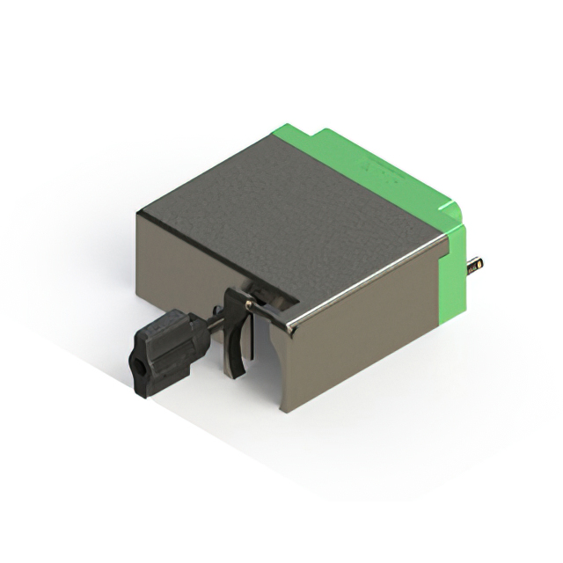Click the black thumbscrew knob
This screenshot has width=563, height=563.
(x=163, y=352)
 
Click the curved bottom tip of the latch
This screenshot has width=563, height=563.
(x=238, y=372)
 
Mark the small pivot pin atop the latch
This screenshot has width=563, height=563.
(x=250, y=304)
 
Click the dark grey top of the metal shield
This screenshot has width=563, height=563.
(x=290, y=211)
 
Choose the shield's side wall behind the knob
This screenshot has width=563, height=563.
(x=176, y=264)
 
